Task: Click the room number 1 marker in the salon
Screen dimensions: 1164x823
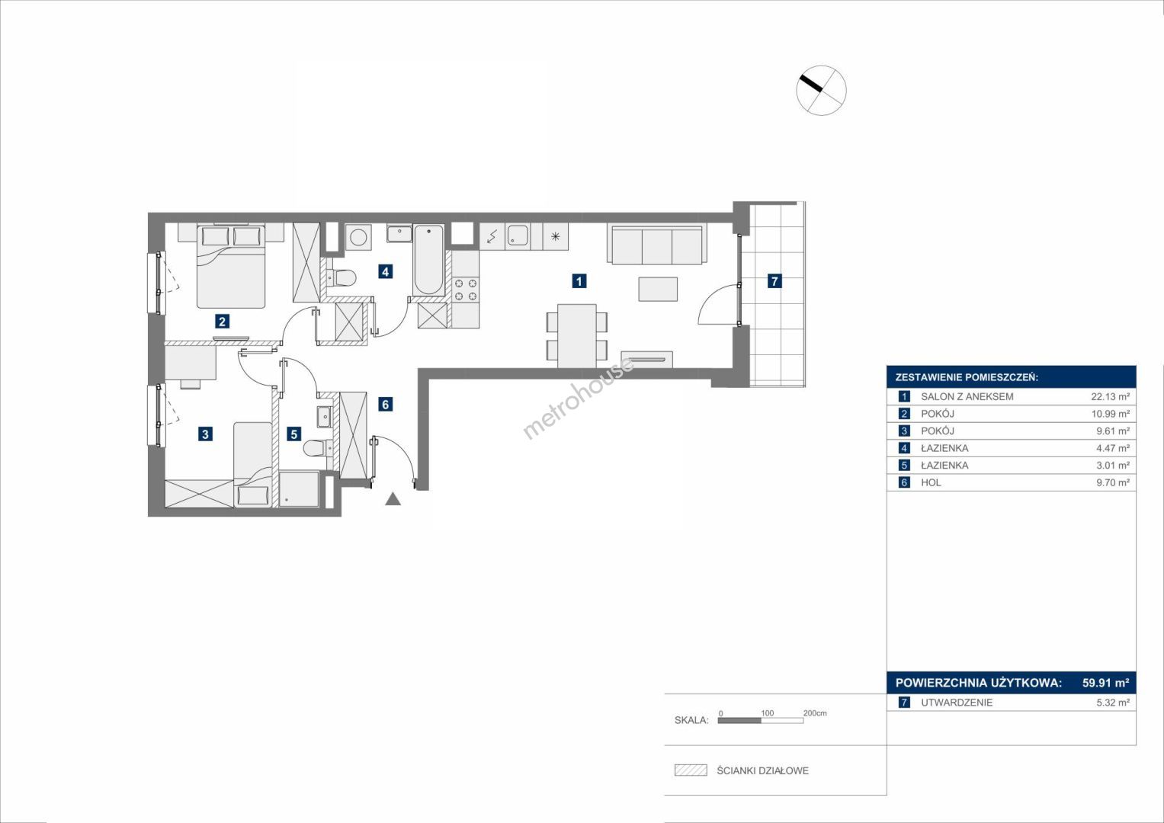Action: click(579, 281)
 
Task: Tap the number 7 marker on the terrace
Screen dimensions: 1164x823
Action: click(774, 281)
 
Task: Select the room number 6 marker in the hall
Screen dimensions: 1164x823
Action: click(385, 404)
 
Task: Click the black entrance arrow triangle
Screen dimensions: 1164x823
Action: click(393, 499)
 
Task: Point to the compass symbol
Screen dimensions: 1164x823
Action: click(821, 90)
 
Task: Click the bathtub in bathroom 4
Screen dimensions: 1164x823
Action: click(428, 260)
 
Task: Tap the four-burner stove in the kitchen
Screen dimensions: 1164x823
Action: click(466, 290)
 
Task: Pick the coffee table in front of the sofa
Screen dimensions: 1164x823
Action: click(658, 289)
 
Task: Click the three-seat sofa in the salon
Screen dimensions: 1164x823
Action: click(657, 244)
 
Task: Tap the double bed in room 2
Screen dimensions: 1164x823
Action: click(231, 267)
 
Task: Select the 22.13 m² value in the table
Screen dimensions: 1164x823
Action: click(1110, 396)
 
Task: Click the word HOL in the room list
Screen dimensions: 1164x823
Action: click(931, 482)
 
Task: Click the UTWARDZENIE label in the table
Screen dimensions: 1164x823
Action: click(957, 703)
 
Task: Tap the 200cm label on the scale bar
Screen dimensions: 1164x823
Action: click(815, 713)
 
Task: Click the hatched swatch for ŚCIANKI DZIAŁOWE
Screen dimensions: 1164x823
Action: click(691, 770)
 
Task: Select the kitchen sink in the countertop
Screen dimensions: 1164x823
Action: click(518, 236)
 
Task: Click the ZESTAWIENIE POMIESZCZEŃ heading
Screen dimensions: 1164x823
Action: click(967, 378)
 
